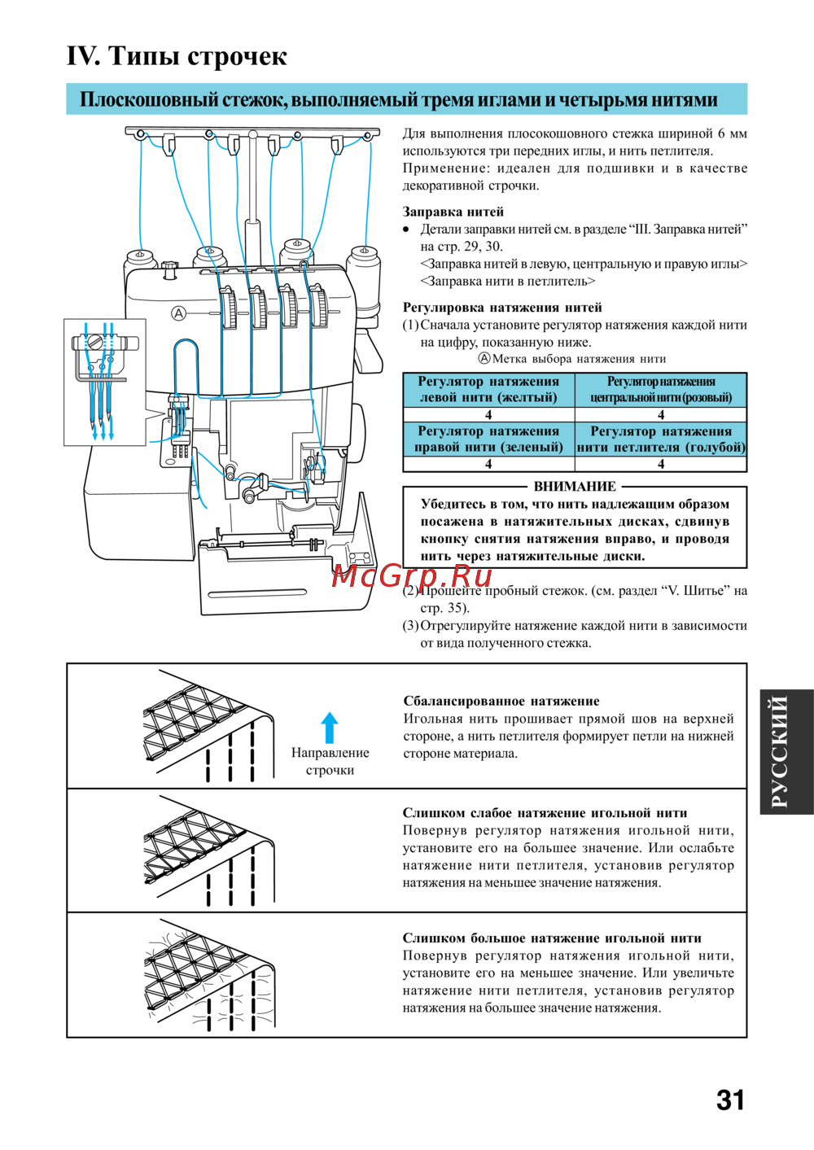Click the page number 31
click(x=730, y=1100)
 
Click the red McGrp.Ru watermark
click(x=412, y=575)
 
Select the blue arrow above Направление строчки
click(x=330, y=728)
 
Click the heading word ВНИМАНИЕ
click(x=575, y=487)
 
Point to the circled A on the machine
click(x=179, y=313)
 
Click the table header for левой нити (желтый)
click(x=488, y=390)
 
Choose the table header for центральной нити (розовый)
click(x=661, y=390)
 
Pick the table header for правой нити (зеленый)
click(x=488, y=439)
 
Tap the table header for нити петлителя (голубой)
click(x=661, y=439)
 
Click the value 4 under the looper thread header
click(x=661, y=464)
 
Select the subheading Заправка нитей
click(x=453, y=212)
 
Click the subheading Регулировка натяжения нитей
click(x=502, y=308)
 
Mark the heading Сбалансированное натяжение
click(x=501, y=701)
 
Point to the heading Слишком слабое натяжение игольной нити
click(x=545, y=812)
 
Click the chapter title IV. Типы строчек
click(x=177, y=56)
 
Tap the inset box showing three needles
click(x=105, y=382)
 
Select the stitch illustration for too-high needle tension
click(x=212, y=975)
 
